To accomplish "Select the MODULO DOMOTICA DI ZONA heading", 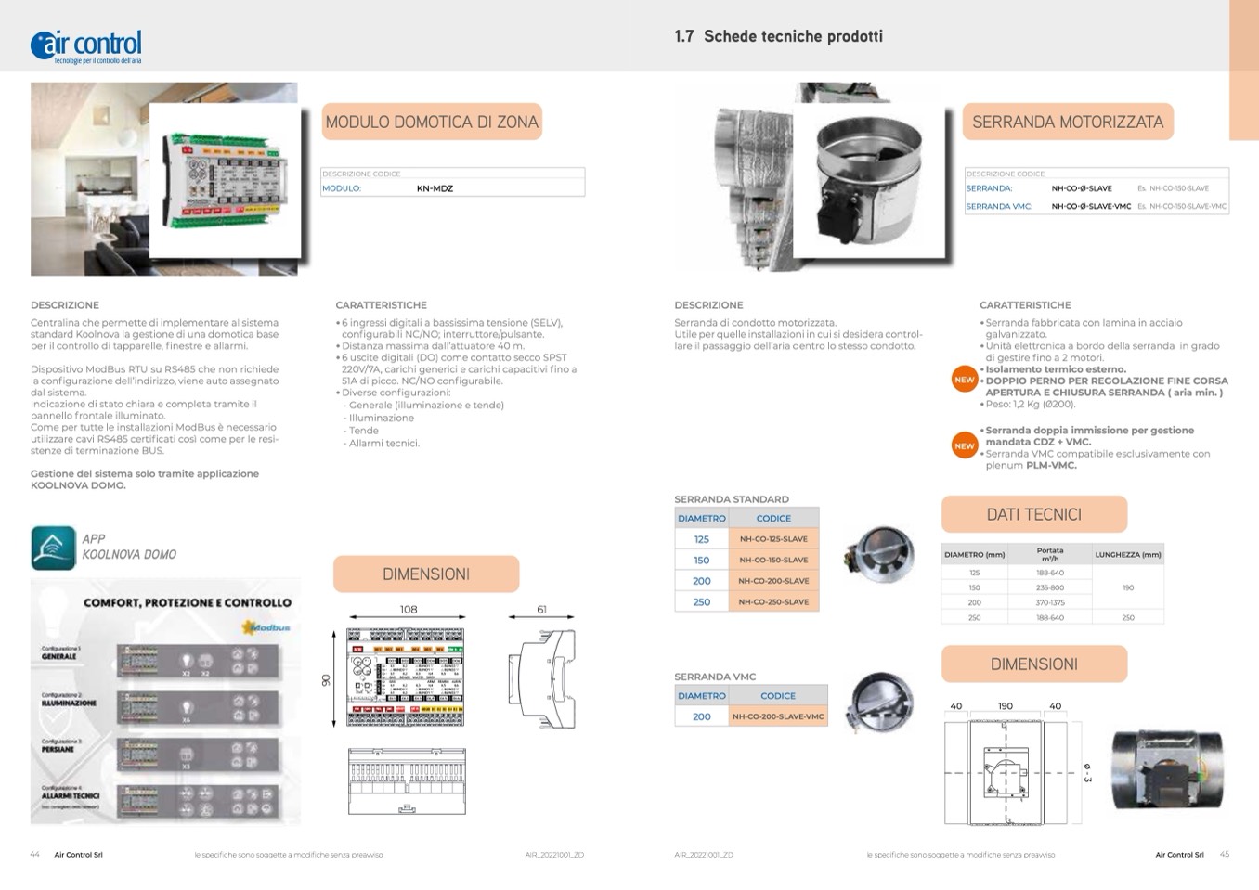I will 432,122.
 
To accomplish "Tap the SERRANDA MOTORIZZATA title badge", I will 1068,122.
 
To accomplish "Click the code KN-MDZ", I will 435,188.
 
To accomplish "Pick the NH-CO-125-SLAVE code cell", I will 773,539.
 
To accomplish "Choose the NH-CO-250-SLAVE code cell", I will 773,602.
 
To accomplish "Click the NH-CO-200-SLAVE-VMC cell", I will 778,716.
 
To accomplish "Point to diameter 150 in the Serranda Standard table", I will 702,561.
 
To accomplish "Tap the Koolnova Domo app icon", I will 53,548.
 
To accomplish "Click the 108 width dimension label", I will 409,610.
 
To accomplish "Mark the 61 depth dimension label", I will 541,610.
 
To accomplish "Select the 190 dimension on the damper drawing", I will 1006,706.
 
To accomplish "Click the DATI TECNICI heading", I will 1033,514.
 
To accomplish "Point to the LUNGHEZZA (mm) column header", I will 1128,555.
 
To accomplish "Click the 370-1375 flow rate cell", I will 1050,602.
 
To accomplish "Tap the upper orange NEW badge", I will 965,380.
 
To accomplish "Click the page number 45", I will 1224,854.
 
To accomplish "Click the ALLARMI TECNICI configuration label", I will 71,795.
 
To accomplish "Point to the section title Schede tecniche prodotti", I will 793,36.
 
